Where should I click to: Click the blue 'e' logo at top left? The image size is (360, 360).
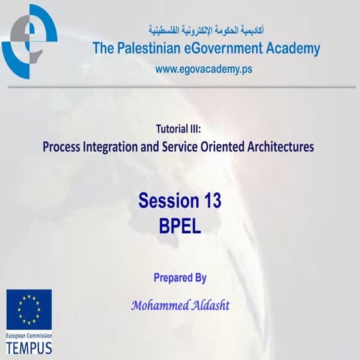point(29,40)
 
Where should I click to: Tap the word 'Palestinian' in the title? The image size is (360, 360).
point(151,49)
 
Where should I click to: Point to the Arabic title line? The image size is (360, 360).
point(206,31)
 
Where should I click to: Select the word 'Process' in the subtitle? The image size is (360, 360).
point(65,147)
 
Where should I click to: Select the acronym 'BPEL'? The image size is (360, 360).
point(180,224)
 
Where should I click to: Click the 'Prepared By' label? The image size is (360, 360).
point(180,277)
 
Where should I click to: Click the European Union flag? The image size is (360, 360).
point(29,310)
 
